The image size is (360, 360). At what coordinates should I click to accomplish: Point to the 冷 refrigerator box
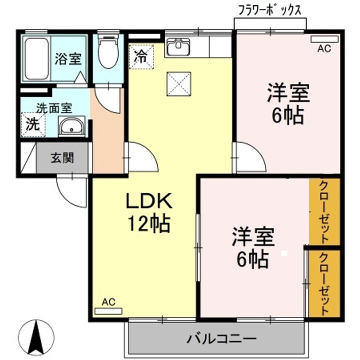click(x=140, y=54)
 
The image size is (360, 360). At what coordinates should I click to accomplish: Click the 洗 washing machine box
click(x=32, y=124)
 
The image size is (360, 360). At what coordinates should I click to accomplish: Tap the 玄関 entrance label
click(x=62, y=158)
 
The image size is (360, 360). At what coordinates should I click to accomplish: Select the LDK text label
click(x=148, y=201)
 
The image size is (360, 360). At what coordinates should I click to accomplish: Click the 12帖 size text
click(x=148, y=223)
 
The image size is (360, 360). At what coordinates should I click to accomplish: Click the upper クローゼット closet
click(x=324, y=211)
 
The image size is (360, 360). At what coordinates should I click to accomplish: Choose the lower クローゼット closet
click(x=324, y=282)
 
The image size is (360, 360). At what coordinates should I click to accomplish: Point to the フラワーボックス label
click(x=270, y=10)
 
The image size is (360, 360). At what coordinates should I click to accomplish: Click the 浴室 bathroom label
click(x=67, y=58)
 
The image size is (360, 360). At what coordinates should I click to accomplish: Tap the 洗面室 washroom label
click(x=54, y=107)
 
